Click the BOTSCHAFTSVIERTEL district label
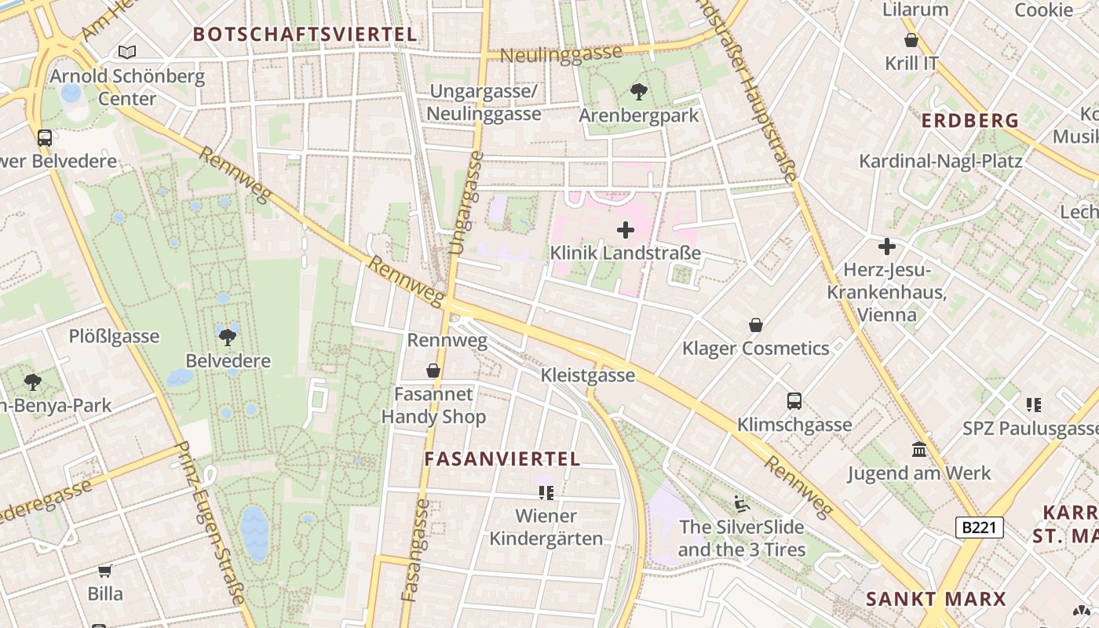point(305,35)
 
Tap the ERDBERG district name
point(969,121)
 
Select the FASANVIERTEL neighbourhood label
point(502,459)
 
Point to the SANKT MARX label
point(935,599)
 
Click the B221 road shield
point(979,527)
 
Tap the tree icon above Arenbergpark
point(639,92)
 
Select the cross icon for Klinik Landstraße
point(626,230)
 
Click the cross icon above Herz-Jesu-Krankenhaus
point(887,246)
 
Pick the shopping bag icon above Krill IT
point(911,40)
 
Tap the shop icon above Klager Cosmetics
point(755,325)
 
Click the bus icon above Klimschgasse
point(794,401)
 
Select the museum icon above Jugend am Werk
point(919,450)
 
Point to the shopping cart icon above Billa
point(105,571)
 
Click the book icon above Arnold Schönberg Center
point(127,52)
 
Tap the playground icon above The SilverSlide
point(742,502)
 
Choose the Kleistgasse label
point(588,375)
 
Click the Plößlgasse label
point(114,337)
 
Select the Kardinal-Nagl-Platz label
point(940,161)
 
